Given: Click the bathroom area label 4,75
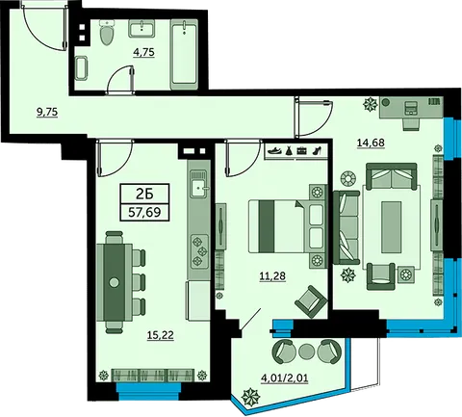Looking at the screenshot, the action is (144, 52).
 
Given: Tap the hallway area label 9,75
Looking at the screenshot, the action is (47, 112).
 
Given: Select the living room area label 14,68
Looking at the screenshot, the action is (371, 143).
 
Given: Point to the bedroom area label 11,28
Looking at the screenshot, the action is (272, 275).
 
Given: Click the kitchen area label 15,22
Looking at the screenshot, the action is (161, 335).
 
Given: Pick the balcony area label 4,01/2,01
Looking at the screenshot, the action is (285, 378).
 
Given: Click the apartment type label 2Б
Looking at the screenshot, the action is (144, 194).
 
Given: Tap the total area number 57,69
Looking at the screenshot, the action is (144, 212).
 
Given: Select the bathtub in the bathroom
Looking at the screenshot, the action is (184, 55).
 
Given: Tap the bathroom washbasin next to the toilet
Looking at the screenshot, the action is (141, 28).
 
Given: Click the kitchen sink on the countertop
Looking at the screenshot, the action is (199, 184).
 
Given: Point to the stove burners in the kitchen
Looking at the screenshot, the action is (199, 251).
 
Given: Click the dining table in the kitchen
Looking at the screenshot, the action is (114, 282).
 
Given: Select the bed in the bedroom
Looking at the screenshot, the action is (286, 226).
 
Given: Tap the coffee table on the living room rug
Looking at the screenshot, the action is (391, 227).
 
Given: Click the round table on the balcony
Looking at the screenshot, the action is (306, 352).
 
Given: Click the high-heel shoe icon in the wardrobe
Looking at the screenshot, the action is (317, 150).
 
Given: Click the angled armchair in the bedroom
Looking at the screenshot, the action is (311, 301).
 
